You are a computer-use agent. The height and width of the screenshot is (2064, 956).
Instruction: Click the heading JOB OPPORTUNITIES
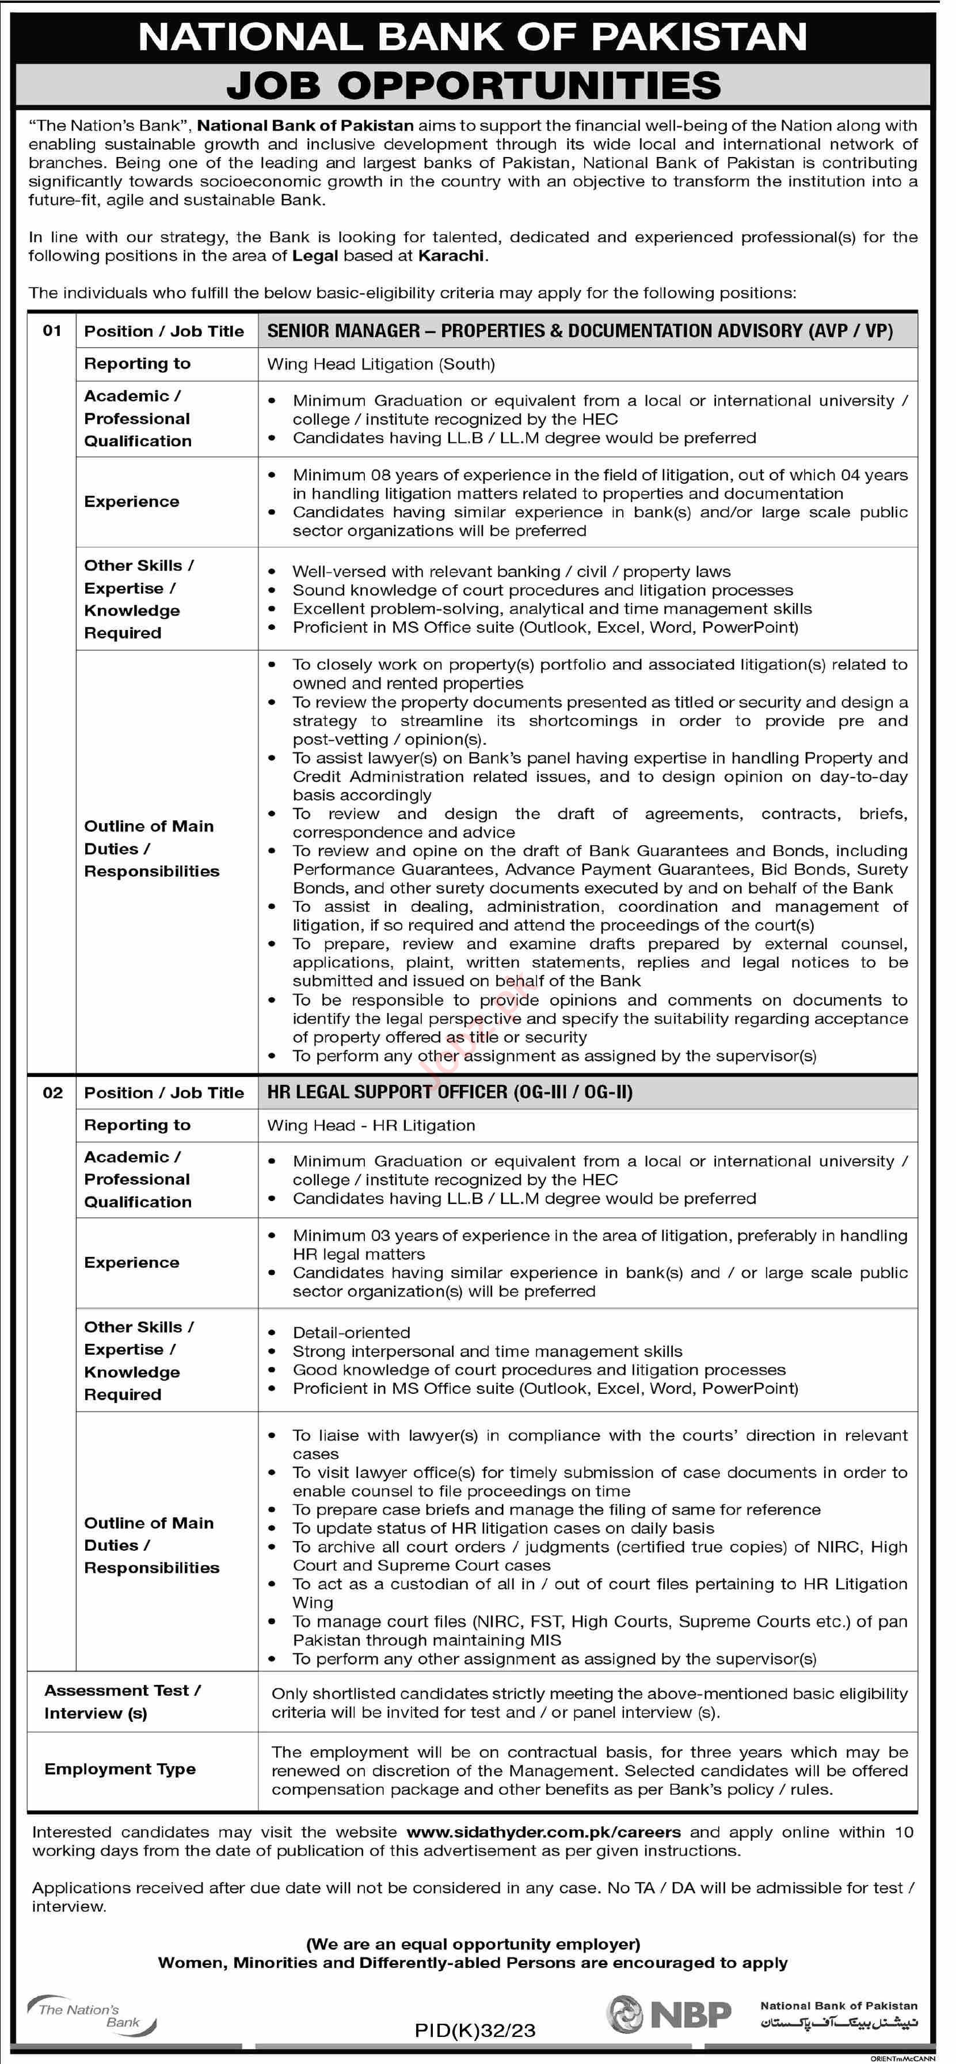tap(474, 86)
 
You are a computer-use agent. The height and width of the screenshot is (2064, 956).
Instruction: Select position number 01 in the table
tap(52, 331)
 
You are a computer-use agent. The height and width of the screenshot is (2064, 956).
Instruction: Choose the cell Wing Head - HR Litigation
tap(371, 1126)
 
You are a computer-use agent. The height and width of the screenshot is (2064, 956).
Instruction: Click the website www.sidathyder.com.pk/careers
tap(543, 1832)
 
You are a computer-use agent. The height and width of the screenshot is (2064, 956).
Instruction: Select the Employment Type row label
tap(120, 1769)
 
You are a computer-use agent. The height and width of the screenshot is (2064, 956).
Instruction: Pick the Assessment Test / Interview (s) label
tap(122, 1702)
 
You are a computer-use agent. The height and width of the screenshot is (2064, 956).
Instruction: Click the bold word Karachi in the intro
tap(452, 255)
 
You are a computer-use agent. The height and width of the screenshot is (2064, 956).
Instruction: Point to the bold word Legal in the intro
tap(315, 255)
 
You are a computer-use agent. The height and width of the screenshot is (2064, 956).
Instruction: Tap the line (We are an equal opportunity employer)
tap(473, 1944)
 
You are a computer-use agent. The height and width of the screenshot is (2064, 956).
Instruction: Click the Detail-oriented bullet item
tap(351, 1332)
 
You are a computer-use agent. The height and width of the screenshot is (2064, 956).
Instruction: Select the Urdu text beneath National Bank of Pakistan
tap(838, 2024)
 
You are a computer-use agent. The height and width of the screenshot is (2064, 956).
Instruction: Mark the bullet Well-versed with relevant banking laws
tap(511, 572)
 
